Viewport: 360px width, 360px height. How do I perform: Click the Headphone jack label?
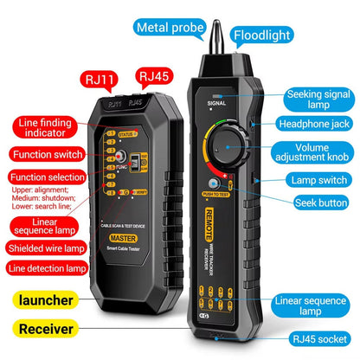pyautogui.click(x=317, y=124)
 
